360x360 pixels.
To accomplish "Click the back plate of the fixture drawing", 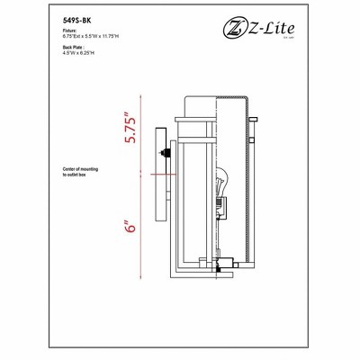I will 159,175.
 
